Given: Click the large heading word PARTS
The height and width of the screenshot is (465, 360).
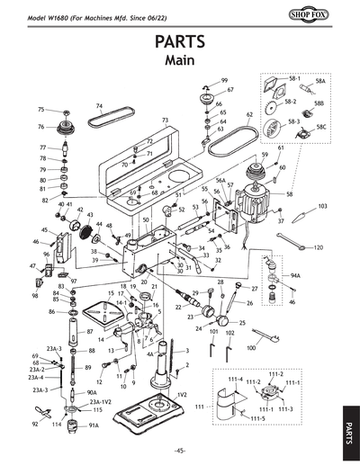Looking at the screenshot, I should (x=180, y=42).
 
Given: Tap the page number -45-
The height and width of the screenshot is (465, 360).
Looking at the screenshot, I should (x=180, y=450).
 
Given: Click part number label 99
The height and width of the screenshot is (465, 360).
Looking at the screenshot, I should (x=224, y=81).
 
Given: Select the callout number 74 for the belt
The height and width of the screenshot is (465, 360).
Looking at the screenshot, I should (x=99, y=105).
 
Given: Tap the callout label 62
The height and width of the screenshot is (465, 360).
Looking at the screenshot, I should (x=249, y=114).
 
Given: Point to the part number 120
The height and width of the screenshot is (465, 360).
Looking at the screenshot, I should (x=318, y=246).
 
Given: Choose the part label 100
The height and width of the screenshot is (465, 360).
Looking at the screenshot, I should (x=251, y=346).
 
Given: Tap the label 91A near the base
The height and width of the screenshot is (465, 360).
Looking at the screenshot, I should (x=94, y=425).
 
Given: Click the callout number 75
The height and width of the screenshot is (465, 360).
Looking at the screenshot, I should (x=40, y=109).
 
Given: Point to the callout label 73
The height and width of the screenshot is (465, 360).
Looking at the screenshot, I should (x=165, y=120).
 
